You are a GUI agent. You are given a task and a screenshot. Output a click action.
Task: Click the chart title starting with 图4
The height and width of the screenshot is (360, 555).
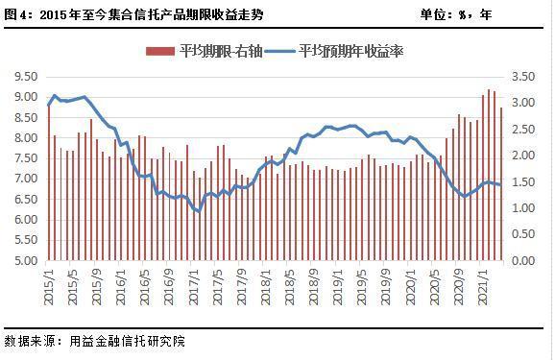click(x=133, y=14)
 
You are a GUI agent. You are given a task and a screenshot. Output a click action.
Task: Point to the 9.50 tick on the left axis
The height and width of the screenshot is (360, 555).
click(x=26, y=76)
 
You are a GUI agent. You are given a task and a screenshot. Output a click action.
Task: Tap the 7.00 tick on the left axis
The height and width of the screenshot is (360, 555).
click(x=26, y=179)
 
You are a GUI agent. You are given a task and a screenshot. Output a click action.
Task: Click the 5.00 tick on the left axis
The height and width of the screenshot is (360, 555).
click(x=26, y=260)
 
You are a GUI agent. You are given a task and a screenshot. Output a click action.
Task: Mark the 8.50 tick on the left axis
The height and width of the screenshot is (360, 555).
click(x=26, y=117)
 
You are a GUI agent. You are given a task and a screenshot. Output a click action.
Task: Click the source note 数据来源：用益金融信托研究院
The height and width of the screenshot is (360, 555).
click(x=96, y=341)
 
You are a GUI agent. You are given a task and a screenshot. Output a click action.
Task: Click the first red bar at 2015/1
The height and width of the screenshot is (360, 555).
click(x=48, y=182)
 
